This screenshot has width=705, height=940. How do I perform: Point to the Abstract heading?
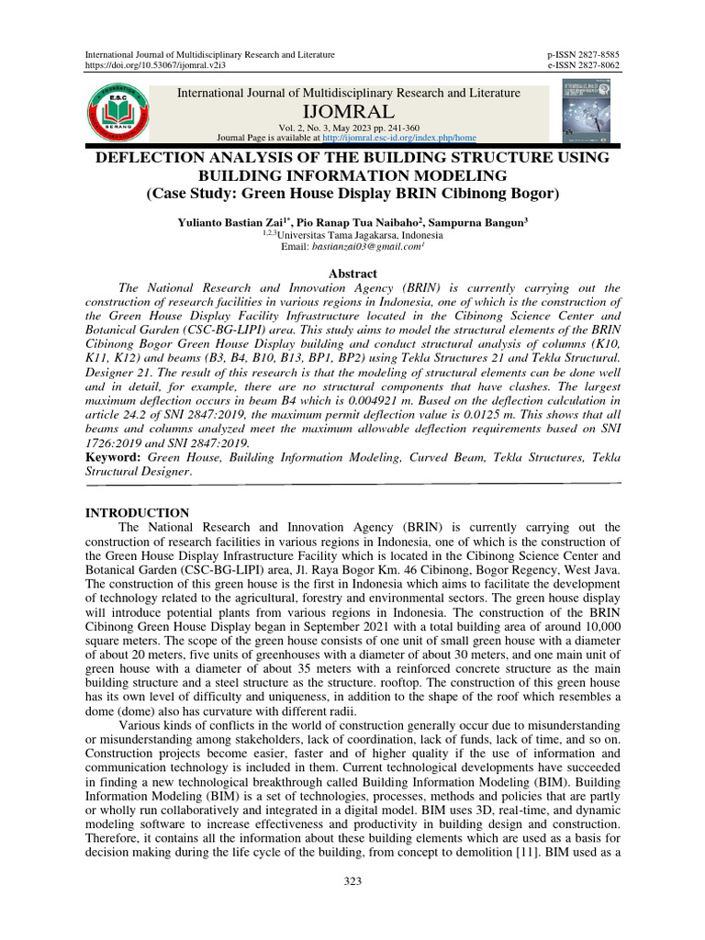click(x=352, y=274)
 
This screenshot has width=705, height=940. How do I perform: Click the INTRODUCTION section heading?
click(x=138, y=513)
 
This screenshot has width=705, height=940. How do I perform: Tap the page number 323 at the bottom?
click(x=352, y=882)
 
